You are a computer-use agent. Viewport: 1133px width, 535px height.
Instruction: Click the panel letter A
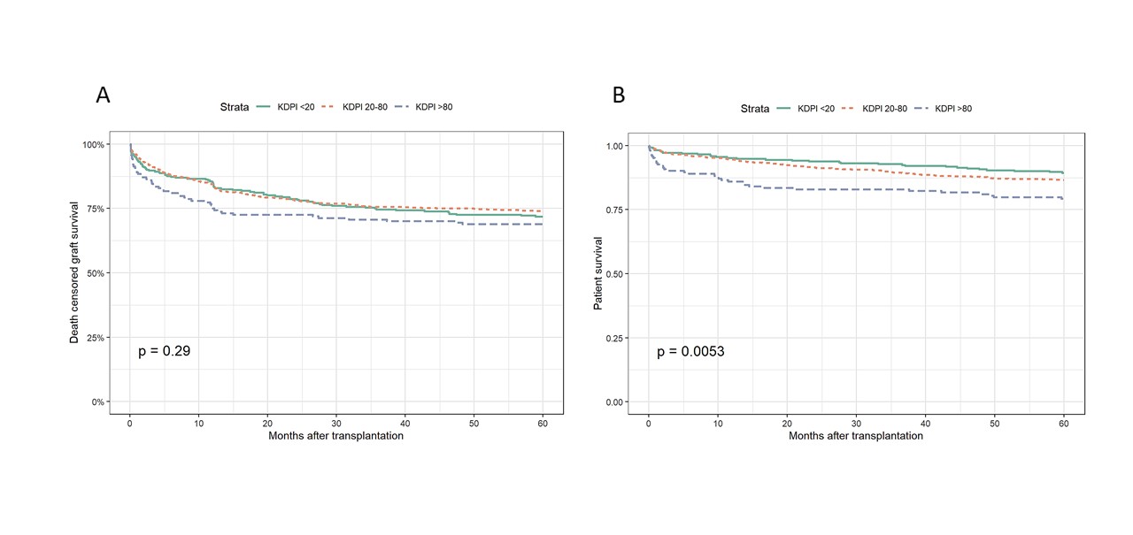pos(104,96)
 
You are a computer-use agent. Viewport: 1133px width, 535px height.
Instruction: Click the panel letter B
pos(619,96)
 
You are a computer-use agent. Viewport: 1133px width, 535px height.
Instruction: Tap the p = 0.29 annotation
pos(164,351)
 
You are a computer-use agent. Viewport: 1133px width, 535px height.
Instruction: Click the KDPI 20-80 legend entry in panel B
pos(888,109)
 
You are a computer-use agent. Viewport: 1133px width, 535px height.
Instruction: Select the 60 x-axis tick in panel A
pos(542,424)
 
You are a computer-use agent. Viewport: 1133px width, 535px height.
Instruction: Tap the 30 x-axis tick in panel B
pos(856,424)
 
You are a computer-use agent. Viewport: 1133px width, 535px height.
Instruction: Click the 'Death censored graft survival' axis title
pos(76,272)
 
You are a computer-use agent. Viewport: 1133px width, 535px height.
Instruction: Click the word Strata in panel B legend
pos(755,109)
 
